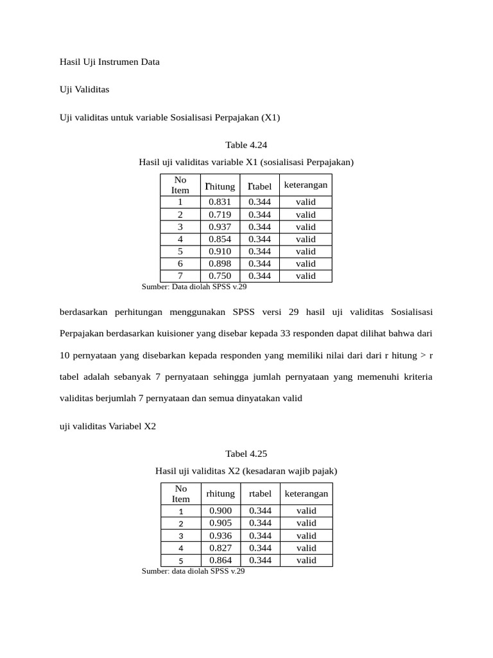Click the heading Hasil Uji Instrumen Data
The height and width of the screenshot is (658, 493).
point(109,62)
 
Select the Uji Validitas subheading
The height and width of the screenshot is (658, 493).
point(84,89)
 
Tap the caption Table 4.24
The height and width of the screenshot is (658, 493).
point(246,145)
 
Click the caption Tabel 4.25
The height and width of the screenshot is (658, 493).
point(246,453)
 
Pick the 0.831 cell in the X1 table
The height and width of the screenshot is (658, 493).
point(220,202)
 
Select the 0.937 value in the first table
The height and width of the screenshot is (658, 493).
point(220,227)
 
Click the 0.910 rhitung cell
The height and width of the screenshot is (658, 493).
point(220,251)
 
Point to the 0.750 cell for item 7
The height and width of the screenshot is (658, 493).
point(220,276)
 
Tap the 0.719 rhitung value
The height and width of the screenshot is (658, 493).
point(220,215)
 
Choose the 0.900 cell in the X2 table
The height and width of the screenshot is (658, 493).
point(220,510)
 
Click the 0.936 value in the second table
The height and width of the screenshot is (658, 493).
point(220,535)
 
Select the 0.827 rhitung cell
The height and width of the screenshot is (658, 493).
point(220,547)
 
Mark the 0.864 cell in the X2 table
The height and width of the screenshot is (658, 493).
point(220,560)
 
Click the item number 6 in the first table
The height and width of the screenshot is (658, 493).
point(180,263)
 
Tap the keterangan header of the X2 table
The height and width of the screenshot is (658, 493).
point(306,493)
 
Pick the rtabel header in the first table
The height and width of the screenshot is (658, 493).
point(260,186)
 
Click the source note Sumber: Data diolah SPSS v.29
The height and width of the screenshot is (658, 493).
point(193,287)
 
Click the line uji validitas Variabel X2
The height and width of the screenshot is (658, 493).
point(108,425)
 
